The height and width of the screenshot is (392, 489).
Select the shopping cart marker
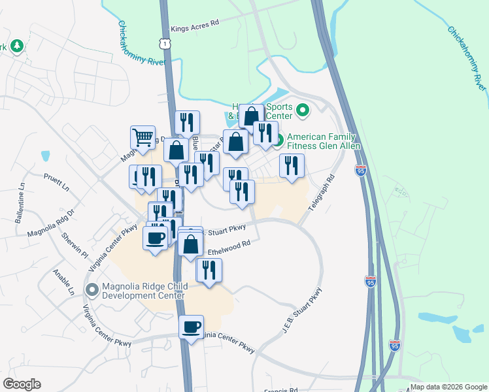tap(143, 137)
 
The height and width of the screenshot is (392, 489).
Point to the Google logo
tap(22, 384)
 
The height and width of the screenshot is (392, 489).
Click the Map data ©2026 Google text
tap(448, 387)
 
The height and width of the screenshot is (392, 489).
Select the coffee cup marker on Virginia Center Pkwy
tap(192, 327)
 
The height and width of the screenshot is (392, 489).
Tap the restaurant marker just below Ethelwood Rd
tap(209, 270)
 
